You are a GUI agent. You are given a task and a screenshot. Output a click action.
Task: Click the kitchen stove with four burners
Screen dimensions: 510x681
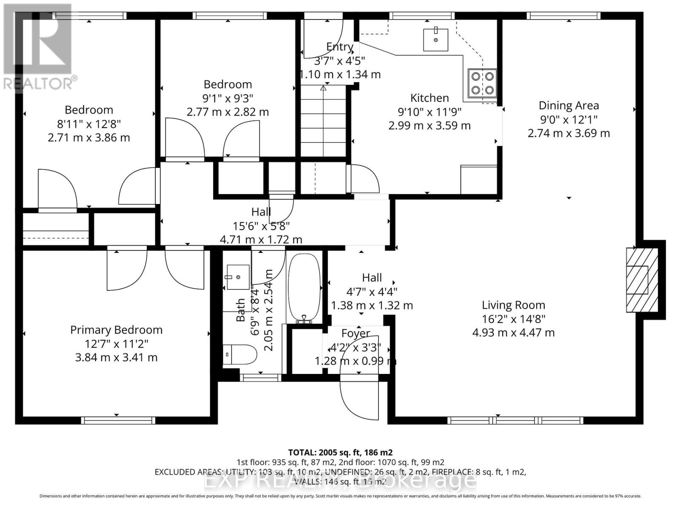[x=483, y=83]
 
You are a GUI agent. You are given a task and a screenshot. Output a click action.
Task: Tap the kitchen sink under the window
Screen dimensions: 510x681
[x=435, y=40]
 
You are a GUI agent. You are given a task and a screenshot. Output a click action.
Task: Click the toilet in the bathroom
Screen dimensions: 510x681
[x=240, y=354]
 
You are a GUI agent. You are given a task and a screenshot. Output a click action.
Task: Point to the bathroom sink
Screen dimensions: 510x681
[x=238, y=277]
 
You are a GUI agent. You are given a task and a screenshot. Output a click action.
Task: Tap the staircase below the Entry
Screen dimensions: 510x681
[x=323, y=121]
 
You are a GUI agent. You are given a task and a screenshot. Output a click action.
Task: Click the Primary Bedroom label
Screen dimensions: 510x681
[x=116, y=330]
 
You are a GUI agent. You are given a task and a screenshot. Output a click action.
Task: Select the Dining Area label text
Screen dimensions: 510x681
[x=569, y=105]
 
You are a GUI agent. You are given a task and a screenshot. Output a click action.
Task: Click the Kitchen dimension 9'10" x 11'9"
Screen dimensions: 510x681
[x=429, y=112]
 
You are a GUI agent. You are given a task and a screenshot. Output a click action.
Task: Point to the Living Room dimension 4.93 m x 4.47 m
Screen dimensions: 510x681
[x=513, y=332]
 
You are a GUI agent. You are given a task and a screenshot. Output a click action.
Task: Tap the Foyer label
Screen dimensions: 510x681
[x=355, y=333]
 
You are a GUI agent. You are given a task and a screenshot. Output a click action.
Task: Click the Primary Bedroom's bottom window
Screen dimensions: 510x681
[x=118, y=420]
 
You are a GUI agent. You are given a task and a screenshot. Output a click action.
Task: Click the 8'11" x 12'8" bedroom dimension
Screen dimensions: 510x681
[x=89, y=124]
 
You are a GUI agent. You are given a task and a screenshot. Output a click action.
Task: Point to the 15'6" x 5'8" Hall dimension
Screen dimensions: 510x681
[x=261, y=226]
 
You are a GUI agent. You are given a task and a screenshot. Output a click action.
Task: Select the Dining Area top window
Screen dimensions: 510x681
[x=563, y=16]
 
